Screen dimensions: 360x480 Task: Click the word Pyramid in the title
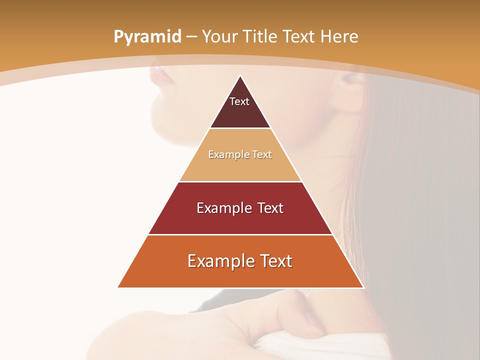tap(147, 37)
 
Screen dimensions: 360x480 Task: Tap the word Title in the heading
tap(261, 36)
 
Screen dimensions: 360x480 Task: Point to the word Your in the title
tap(220, 36)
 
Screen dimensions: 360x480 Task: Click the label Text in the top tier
tap(239, 101)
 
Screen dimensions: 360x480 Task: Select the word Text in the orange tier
tap(273, 261)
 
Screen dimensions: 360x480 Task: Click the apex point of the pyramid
tap(240, 76)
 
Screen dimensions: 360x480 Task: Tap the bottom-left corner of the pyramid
tap(118, 287)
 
